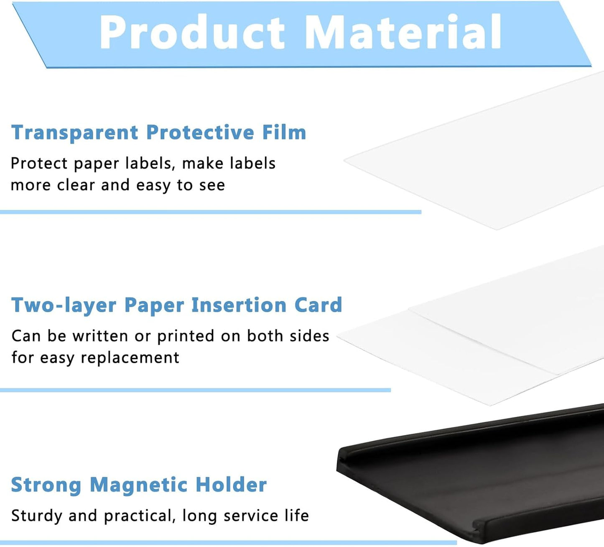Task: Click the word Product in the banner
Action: pos(192,32)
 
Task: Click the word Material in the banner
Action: pos(404,32)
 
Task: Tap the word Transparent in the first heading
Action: pos(74,133)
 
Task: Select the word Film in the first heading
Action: pos(284,133)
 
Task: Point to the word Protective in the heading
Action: pos(200,133)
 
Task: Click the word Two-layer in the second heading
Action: pos(64,305)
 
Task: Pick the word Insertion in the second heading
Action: pos(239,305)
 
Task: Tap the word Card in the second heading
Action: pos(318,305)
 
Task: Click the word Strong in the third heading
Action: pos(46,485)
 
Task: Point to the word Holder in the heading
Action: pos(231,485)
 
